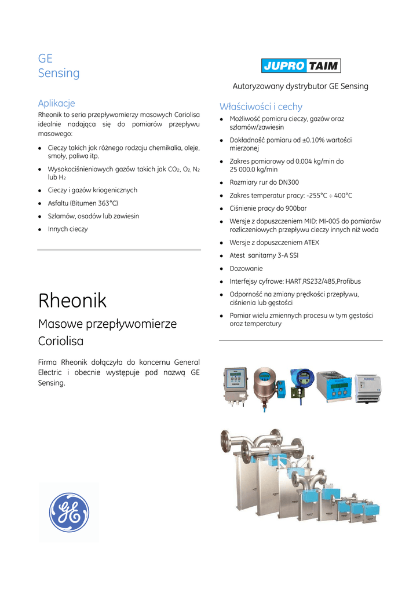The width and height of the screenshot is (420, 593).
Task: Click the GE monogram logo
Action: (x=69, y=512)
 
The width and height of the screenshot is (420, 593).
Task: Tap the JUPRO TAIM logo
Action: (x=301, y=65)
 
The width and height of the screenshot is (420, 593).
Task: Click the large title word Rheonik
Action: (x=72, y=301)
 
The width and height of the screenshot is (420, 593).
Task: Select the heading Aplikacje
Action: (x=56, y=103)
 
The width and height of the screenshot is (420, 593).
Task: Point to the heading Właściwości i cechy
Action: (x=261, y=107)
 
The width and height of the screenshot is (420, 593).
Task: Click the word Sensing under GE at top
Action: (x=59, y=73)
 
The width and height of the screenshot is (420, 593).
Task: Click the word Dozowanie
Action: (x=246, y=269)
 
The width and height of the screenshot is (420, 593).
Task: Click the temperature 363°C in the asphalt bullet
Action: (x=107, y=203)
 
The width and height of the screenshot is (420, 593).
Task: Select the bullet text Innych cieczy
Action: (x=68, y=229)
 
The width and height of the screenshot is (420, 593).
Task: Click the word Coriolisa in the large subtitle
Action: (x=61, y=341)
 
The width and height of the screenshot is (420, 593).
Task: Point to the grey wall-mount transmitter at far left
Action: (x=236, y=386)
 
